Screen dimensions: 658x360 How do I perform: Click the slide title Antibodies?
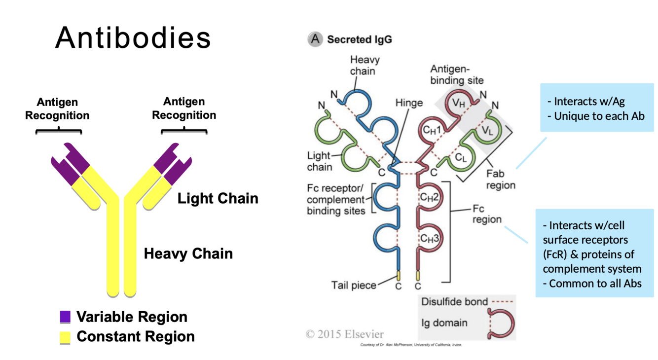pyautogui.click(x=133, y=37)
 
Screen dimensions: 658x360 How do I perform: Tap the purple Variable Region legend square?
pyautogui.click(x=65, y=317)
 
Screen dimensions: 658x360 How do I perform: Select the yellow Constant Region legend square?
pyautogui.click(x=65, y=337)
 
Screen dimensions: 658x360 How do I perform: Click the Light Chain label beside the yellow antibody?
pyautogui.click(x=218, y=199)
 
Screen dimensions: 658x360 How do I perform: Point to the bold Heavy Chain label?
pyautogui.click(x=188, y=254)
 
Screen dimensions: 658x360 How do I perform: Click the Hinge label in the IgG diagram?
pyautogui.click(x=409, y=103)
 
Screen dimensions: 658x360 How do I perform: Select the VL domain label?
pyautogui.click(x=487, y=131)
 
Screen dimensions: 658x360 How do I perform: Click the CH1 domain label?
pyautogui.click(x=431, y=129)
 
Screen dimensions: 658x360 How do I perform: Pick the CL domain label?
pyautogui.click(x=461, y=158)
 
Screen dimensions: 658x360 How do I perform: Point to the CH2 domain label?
pyautogui.click(x=429, y=197)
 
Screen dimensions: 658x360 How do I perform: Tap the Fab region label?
pyautogui.click(x=500, y=180)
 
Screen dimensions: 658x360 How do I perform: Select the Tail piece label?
pyautogui.click(x=354, y=285)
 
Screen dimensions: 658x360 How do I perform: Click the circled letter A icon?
pyautogui.click(x=315, y=39)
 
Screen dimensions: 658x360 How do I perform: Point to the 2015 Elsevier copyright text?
pyautogui.click(x=345, y=334)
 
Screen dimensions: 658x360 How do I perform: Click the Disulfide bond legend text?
pyautogui.click(x=454, y=301)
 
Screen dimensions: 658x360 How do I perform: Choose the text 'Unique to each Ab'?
pyautogui.click(x=599, y=116)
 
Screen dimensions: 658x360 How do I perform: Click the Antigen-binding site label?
pyautogui.click(x=457, y=74)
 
